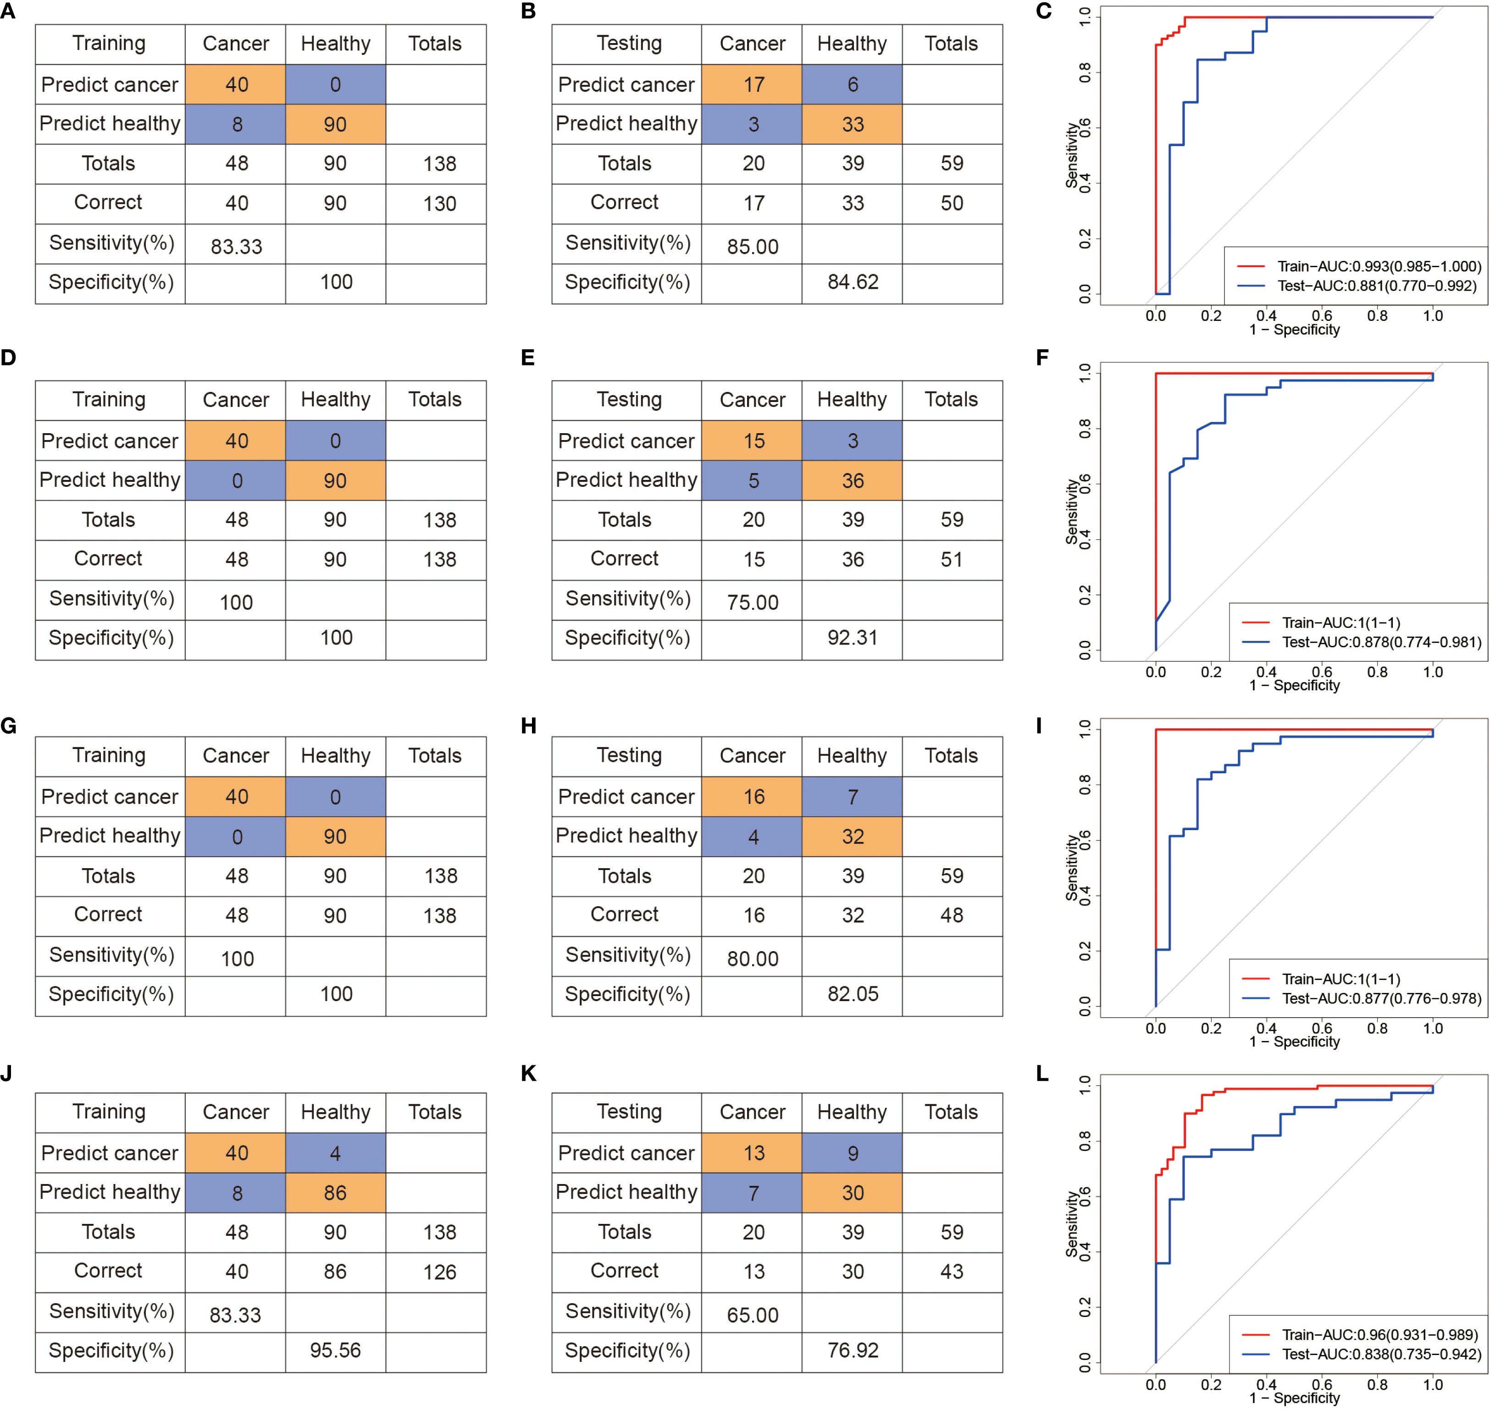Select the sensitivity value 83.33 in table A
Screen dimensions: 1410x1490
(236, 247)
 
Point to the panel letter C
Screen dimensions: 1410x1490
(1043, 11)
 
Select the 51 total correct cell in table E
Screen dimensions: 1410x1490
(951, 559)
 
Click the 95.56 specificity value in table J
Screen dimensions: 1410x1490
(335, 1350)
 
